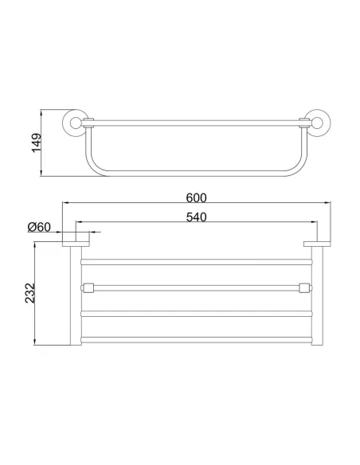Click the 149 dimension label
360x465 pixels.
click(x=37, y=143)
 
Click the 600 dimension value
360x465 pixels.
click(x=196, y=197)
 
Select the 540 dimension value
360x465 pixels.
click(x=196, y=217)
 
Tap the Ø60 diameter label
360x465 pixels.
click(x=39, y=227)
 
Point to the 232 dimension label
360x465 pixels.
click(x=30, y=293)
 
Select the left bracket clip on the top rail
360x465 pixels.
click(x=88, y=123)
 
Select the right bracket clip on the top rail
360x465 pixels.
click(x=304, y=123)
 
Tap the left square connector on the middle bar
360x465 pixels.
click(x=88, y=287)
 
